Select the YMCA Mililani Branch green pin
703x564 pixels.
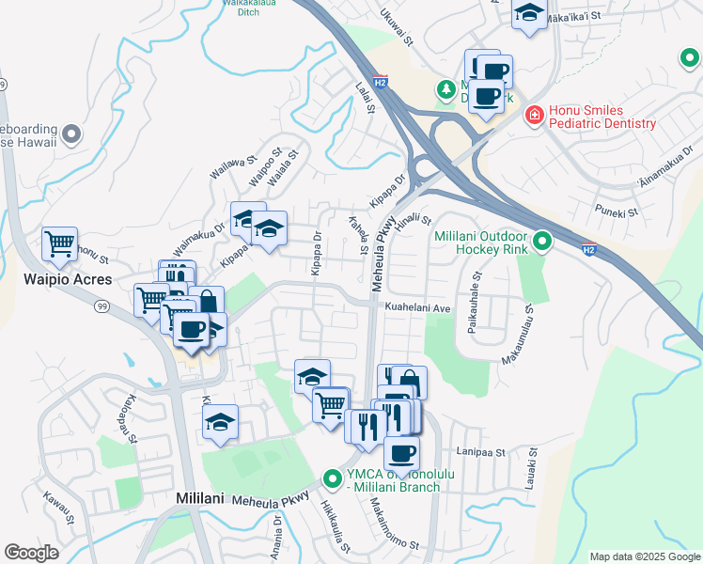(x=332, y=478)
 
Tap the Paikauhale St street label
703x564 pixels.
(x=476, y=303)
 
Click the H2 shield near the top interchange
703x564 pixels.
(x=380, y=82)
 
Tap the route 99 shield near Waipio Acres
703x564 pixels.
(x=102, y=306)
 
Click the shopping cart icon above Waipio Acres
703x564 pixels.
(x=59, y=243)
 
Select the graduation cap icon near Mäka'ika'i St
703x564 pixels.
(x=529, y=13)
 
